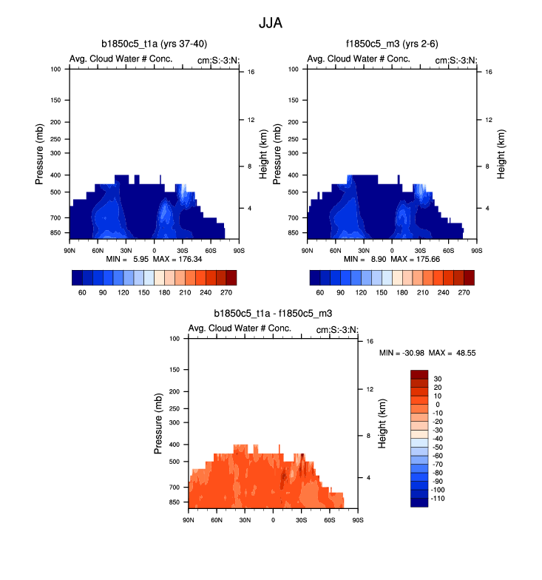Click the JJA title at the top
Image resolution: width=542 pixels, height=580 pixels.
tap(270, 23)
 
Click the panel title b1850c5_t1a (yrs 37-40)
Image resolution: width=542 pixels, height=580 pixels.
tap(154, 44)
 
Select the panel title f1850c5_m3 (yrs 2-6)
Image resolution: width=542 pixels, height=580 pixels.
tap(392, 44)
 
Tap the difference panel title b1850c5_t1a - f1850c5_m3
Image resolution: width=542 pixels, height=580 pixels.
tap(273, 314)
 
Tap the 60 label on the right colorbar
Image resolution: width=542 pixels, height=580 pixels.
tap(320, 292)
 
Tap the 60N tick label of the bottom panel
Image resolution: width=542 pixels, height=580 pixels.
tap(217, 521)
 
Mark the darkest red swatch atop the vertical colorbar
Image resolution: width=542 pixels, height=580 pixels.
tap(419, 374)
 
